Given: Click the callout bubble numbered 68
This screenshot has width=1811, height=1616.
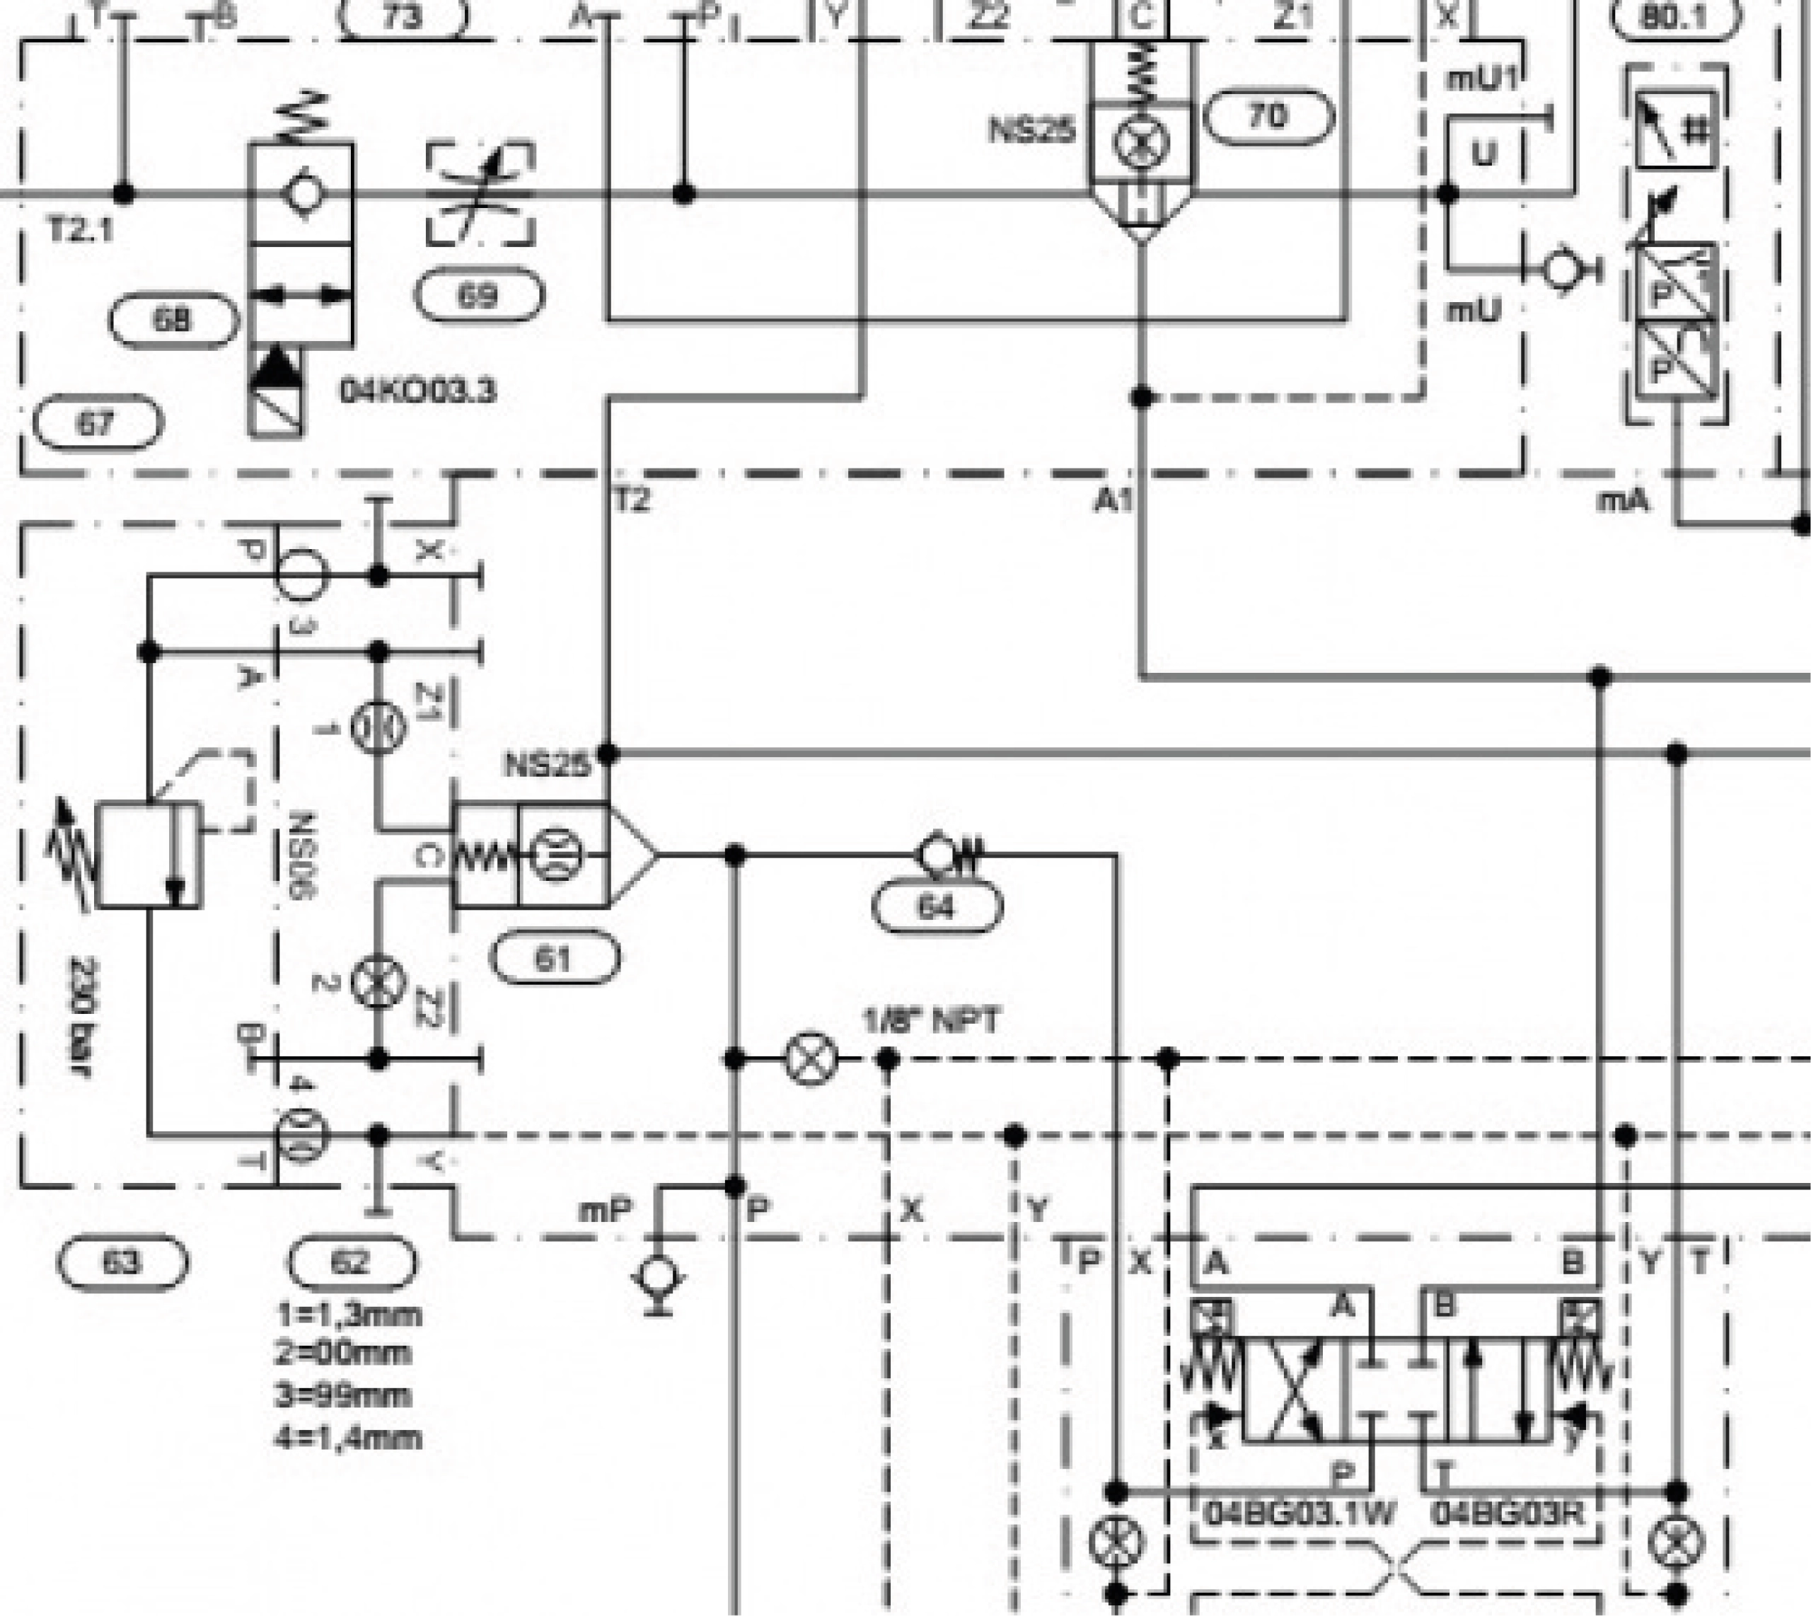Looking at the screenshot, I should click(173, 320).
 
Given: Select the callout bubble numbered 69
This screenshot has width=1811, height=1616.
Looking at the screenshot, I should click(480, 296).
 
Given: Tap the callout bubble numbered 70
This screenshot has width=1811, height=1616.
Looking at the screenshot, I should click(1268, 116).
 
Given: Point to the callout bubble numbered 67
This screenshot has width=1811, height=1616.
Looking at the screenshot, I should click(98, 422).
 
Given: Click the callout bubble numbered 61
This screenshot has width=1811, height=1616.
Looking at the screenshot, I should click(555, 958).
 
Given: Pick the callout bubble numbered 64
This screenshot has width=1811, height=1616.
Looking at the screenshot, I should click(937, 906).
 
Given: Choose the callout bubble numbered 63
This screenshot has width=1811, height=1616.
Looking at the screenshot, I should click(122, 1262).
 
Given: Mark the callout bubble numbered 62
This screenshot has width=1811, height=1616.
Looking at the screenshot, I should click(352, 1262).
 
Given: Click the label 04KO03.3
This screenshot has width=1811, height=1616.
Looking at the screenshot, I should click(417, 391).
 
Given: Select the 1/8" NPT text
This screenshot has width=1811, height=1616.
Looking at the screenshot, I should click(931, 1020).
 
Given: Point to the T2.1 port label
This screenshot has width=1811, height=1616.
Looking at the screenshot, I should click(81, 231).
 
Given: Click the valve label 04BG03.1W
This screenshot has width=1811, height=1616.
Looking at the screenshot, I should click(1300, 1512).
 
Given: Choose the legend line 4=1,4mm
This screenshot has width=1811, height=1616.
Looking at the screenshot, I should click(348, 1438).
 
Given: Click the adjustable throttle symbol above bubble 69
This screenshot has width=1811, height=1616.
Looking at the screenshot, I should click(480, 194).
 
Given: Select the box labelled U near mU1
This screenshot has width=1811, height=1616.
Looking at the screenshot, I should click(1484, 154).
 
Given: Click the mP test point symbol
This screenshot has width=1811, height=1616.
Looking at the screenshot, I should click(658, 1279).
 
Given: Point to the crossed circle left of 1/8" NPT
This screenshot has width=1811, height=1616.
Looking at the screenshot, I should click(811, 1058).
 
